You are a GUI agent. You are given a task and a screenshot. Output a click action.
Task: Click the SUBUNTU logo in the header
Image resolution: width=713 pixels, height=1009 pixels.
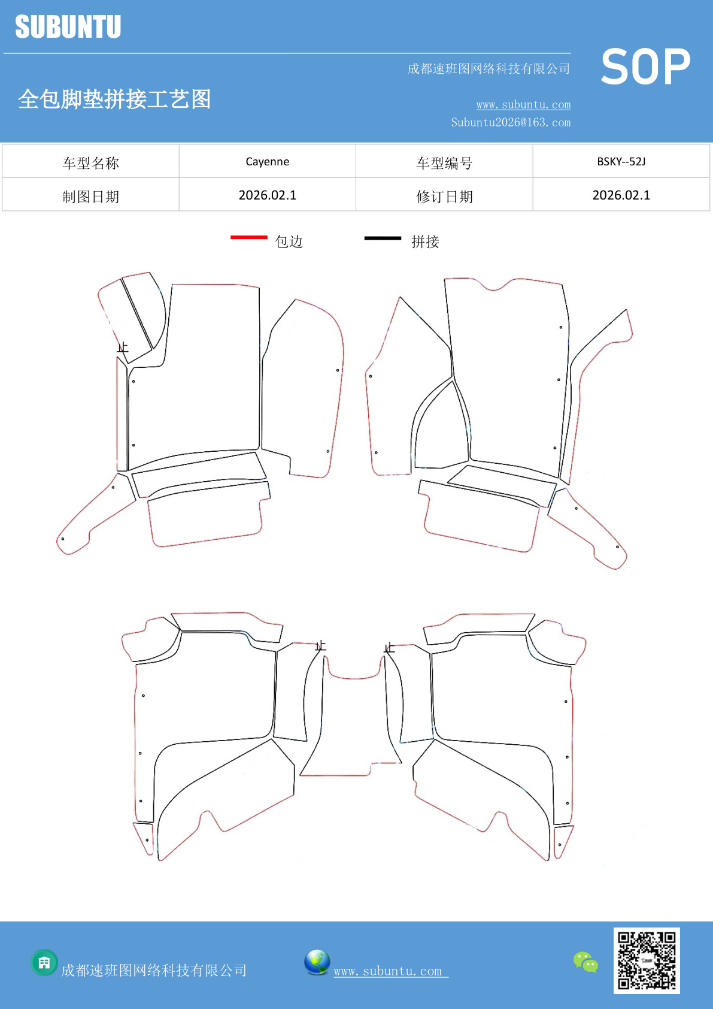point(68,26)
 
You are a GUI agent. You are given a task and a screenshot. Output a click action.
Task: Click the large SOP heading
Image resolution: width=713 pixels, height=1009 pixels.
point(645,67)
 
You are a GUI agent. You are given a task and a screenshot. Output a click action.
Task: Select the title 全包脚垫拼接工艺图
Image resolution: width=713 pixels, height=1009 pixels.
point(114,99)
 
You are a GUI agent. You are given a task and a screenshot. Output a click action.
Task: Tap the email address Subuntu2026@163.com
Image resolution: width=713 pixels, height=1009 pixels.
point(511,122)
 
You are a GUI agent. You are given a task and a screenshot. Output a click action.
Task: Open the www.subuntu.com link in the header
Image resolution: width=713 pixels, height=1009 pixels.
point(523,104)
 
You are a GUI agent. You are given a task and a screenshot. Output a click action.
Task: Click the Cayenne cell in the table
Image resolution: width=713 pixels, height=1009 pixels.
point(268,162)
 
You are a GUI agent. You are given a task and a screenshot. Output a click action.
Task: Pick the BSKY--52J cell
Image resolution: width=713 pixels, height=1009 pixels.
point(621,162)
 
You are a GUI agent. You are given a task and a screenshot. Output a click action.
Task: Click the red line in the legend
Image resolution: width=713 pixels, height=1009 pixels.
point(249,237)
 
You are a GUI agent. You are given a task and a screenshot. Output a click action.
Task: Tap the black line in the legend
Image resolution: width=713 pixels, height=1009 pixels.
point(383,238)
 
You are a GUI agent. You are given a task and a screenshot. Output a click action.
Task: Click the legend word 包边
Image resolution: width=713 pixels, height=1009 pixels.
point(289,242)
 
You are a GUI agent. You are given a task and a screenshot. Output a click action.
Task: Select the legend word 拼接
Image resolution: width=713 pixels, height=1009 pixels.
point(426,242)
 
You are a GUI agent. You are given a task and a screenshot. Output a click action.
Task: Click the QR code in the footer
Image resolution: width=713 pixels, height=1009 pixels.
point(647,960)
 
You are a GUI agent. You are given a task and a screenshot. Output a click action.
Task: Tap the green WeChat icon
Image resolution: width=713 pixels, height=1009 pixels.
point(585,962)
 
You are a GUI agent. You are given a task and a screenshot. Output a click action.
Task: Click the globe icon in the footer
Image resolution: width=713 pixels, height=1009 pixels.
point(317,962)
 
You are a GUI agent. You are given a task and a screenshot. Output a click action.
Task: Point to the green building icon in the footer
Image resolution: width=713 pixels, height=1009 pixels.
point(44,963)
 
